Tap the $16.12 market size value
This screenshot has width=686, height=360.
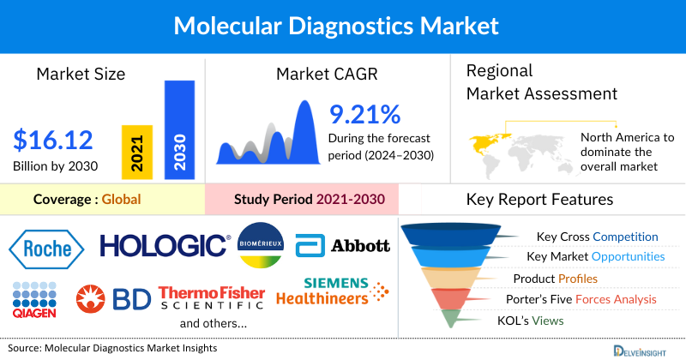[x=53, y=140]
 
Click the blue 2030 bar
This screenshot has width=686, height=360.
[x=178, y=129]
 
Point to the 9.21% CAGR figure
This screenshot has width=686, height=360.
[x=364, y=115]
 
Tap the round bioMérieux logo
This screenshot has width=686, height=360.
[x=262, y=245]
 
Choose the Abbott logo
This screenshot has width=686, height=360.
[x=343, y=247]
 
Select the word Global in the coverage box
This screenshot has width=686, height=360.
[x=121, y=200]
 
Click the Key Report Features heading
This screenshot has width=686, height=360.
[x=539, y=200]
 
